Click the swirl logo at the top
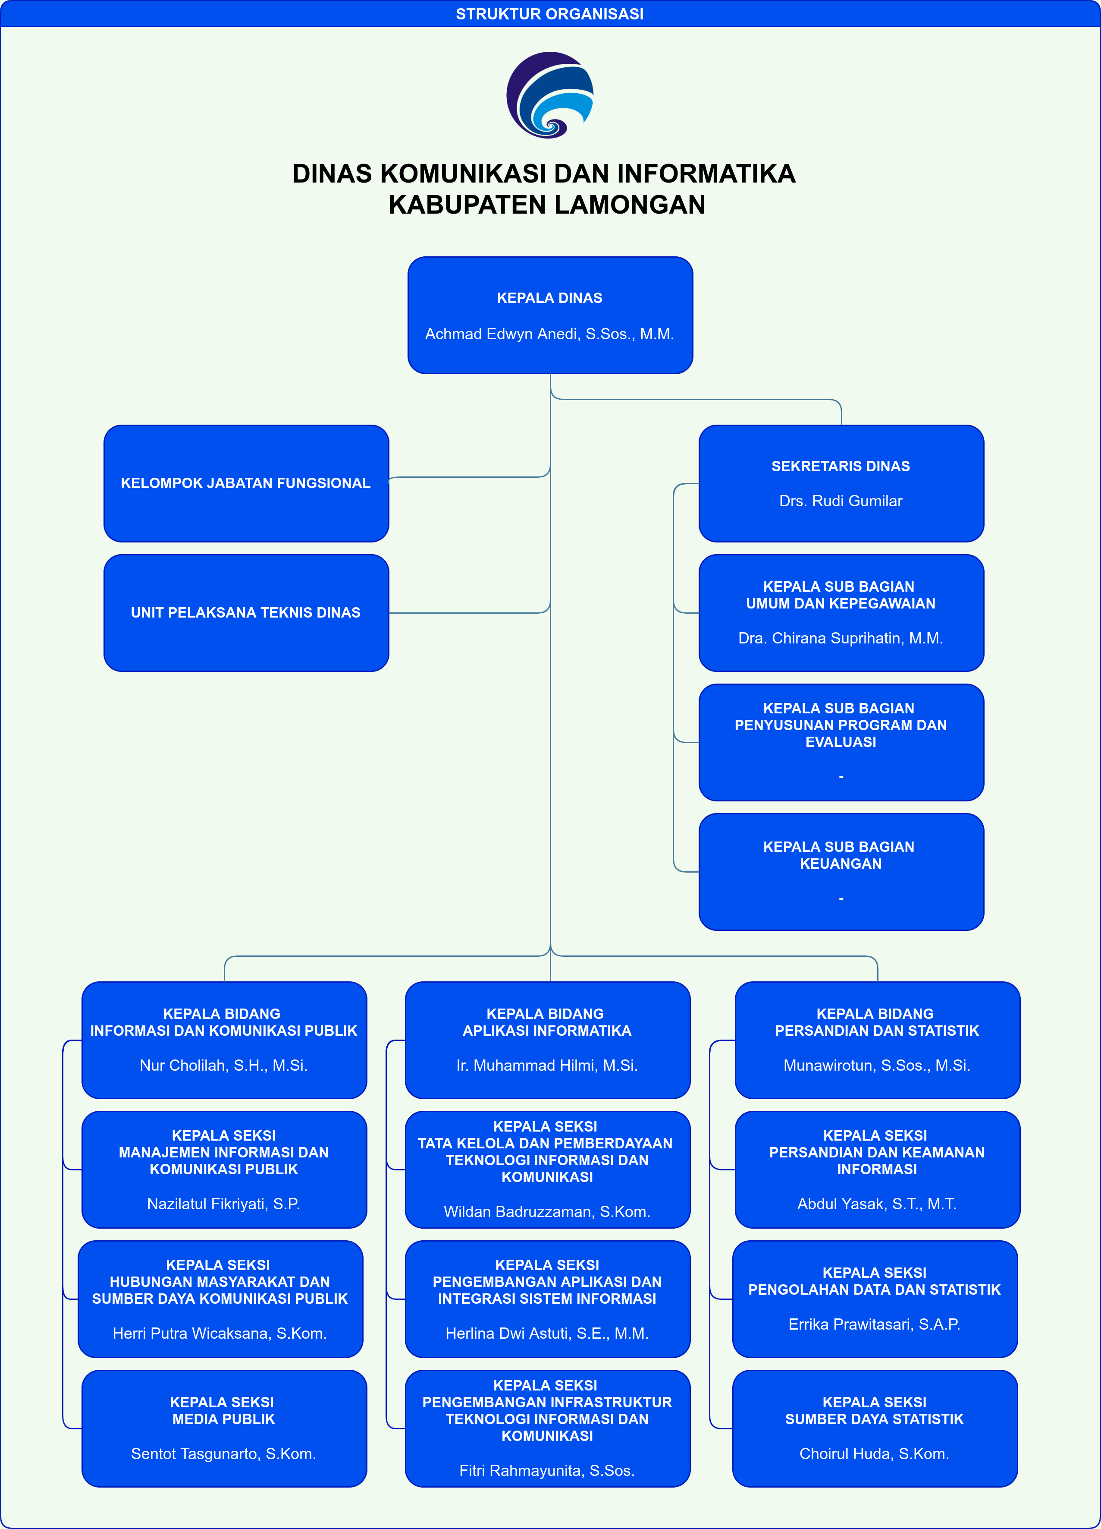coord(550,95)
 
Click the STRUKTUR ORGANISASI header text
coord(550,14)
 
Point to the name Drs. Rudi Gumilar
coord(841,501)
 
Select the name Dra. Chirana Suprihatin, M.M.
coord(841,638)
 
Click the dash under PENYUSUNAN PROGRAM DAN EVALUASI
coord(841,777)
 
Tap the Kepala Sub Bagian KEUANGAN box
coord(841,872)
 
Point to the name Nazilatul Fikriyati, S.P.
coord(224,1204)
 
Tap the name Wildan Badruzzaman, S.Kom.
coord(547,1212)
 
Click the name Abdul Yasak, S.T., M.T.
coord(877,1204)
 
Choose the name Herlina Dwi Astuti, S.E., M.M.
coord(547,1334)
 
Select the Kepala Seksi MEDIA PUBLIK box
coord(224,1428)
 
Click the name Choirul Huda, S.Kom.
coord(875,1454)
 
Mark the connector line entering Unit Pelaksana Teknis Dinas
coord(470,613)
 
